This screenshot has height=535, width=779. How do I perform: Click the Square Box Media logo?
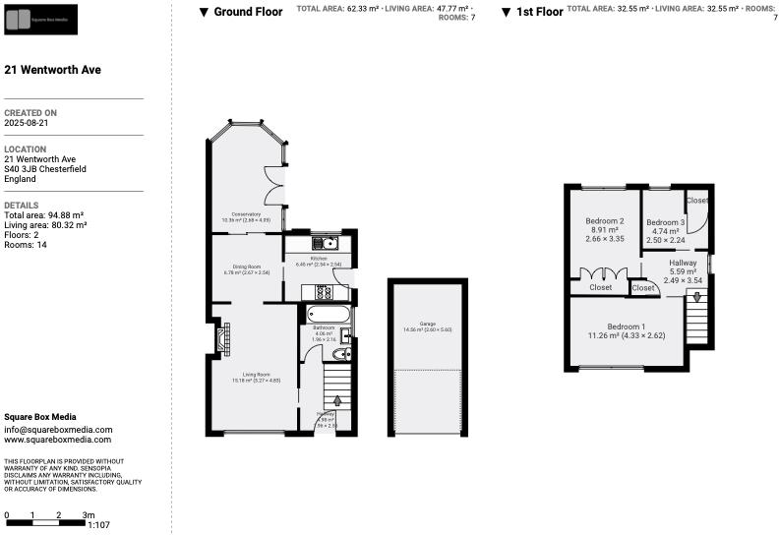tap(40, 18)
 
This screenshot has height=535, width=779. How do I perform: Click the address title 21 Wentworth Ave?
tap(53, 70)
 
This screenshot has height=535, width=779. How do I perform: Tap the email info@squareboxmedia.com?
tap(58, 430)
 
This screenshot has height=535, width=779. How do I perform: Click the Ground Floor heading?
tap(248, 12)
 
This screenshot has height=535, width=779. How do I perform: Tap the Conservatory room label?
tap(246, 214)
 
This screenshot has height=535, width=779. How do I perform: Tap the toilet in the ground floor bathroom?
tap(341, 355)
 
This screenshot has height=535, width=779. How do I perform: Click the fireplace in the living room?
tap(222, 339)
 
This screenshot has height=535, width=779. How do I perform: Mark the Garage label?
tap(427, 324)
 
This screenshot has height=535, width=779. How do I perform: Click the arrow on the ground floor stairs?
tap(337, 401)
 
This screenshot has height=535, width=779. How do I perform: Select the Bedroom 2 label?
tap(605, 221)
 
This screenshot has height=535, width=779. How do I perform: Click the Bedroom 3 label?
tap(665, 222)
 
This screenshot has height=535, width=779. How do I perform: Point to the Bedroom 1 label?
tap(627, 327)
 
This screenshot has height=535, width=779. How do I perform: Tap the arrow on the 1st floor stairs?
tap(698, 296)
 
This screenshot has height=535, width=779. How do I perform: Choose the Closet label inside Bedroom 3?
tap(697, 201)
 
